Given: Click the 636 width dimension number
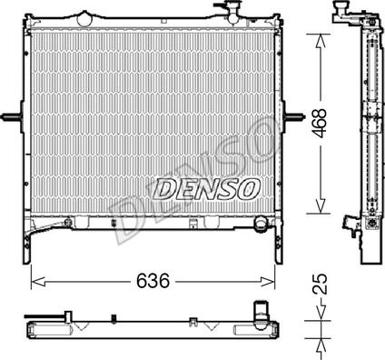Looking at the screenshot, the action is (x=153, y=281).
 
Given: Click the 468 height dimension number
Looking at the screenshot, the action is (x=321, y=123).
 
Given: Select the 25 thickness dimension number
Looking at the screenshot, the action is (x=321, y=284).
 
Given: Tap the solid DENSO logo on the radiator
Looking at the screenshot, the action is (x=206, y=189).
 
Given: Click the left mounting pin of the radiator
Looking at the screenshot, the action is (x=11, y=116).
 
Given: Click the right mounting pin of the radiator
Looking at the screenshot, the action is (x=293, y=116).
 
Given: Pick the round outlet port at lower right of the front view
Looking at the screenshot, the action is (x=261, y=225).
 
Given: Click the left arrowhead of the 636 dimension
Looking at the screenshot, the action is (x=38, y=281).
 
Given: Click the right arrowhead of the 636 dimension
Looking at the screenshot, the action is (x=268, y=281).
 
